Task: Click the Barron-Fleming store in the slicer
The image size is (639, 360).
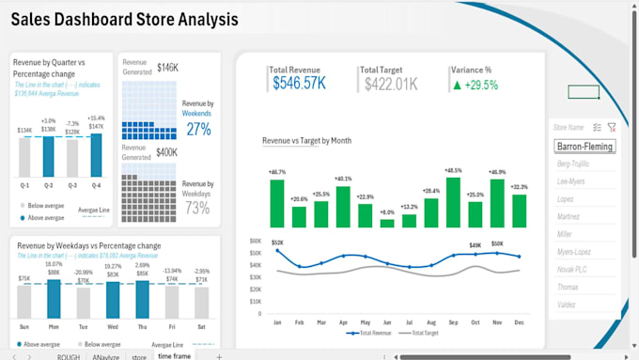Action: [x=585, y=147]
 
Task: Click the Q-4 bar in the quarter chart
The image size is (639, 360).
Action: [x=95, y=155]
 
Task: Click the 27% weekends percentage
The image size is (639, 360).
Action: [x=198, y=129]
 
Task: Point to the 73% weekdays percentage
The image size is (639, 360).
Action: [x=197, y=208]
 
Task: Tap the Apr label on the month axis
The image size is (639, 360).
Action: [x=343, y=321]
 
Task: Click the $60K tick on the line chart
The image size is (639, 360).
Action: [x=255, y=241]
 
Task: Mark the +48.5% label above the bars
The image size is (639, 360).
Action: [x=455, y=171]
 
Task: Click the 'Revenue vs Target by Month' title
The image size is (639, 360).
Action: [x=306, y=140]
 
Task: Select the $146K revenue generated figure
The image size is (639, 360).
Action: [x=167, y=68]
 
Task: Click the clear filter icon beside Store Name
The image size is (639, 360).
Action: [x=612, y=127]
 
